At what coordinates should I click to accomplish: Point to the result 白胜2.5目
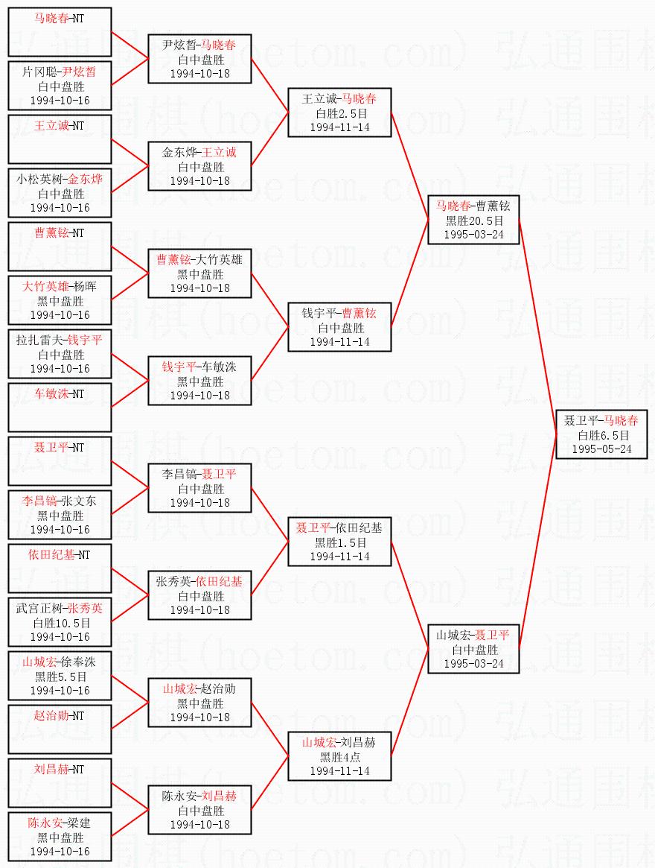pos(339,113)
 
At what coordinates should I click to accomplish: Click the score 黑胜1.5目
pos(339,542)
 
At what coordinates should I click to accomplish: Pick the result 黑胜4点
pos(339,757)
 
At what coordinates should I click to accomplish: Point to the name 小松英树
pos(39,180)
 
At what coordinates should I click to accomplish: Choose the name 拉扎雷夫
pos(39,340)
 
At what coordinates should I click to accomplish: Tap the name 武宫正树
pos(39,609)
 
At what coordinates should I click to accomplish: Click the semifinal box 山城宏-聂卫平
pos(473,648)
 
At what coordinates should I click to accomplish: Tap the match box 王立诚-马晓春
pos(339,112)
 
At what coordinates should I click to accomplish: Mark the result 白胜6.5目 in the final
pos(604,435)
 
